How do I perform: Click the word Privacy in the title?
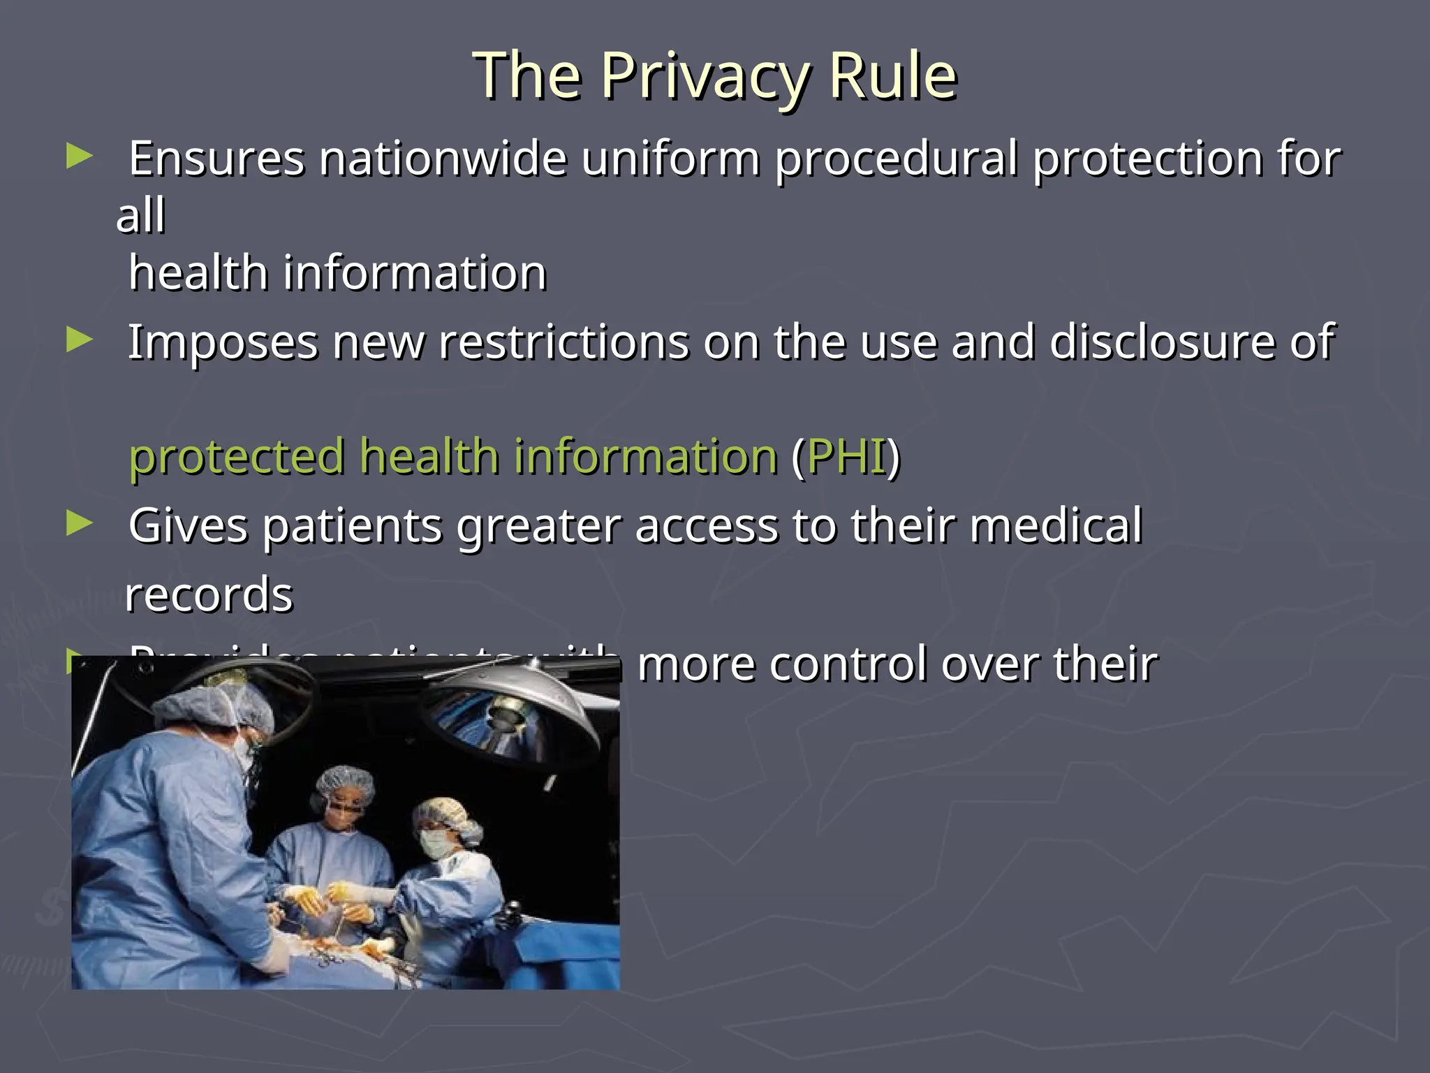click(705, 77)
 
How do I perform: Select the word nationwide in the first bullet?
click(443, 159)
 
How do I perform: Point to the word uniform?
click(670, 159)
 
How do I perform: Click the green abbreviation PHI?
click(846, 457)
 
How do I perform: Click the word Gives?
click(188, 526)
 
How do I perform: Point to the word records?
click(209, 595)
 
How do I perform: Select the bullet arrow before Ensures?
click(79, 156)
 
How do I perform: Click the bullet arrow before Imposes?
click(79, 341)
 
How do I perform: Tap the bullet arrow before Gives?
click(79, 524)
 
